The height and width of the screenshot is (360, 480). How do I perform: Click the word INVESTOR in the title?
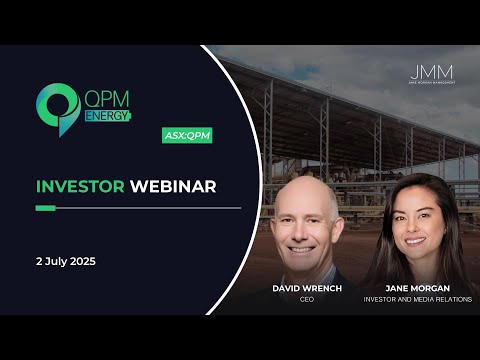[x=80, y=187]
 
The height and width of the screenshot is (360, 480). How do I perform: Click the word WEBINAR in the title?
[x=170, y=187]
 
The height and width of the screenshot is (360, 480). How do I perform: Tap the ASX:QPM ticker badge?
[x=188, y=135]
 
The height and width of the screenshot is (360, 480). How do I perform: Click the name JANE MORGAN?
[x=419, y=287]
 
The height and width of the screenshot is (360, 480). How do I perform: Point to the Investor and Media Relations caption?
[x=419, y=298]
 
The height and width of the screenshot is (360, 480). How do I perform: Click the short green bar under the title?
[x=45, y=208]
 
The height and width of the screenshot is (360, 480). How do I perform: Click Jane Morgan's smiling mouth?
[x=417, y=241]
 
